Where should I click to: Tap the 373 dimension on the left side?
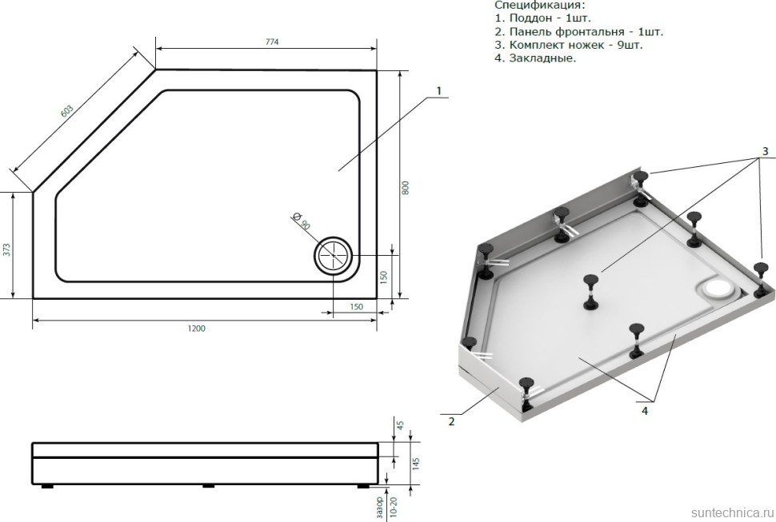pyautogui.click(x=7, y=249)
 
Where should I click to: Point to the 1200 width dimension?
pyautogui.click(x=197, y=329)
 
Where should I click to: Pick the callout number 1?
pyautogui.click(x=438, y=91)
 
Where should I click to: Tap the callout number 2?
pyautogui.click(x=451, y=420)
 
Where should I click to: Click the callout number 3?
pyautogui.click(x=765, y=151)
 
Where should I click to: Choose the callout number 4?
pyautogui.click(x=644, y=410)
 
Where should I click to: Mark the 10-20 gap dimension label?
pyautogui.click(x=393, y=505)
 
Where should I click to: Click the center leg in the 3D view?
pyautogui.click(x=590, y=289)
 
